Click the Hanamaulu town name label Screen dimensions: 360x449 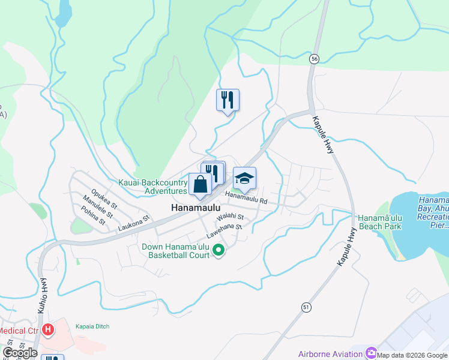(x=192, y=208)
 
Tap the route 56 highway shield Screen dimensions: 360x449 (x=314, y=59)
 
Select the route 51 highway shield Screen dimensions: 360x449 (x=306, y=307)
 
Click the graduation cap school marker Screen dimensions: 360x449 (x=244, y=179)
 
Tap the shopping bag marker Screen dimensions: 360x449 (x=200, y=185)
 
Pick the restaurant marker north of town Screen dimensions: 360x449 (x=228, y=100)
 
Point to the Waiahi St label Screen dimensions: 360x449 (x=231, y=217)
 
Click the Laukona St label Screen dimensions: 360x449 (x=133, y=225)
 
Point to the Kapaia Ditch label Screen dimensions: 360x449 (x=92, y=326)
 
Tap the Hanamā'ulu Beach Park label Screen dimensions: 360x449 (x=379, y=222)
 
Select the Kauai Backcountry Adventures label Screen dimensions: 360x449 (x=153, y=186)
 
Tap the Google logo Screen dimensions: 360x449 (x=20, y=353)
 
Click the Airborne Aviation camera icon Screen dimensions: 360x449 (x=370, y=354)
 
